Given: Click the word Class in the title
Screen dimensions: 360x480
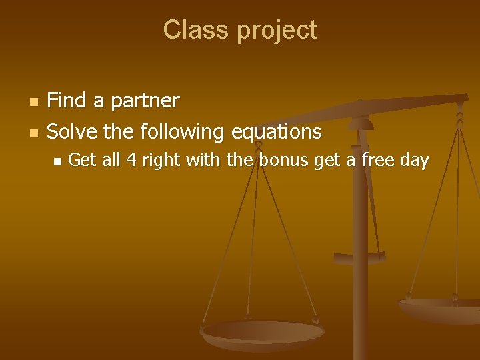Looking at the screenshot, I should point(190,30).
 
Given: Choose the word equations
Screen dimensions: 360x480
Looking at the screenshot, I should point(276,132).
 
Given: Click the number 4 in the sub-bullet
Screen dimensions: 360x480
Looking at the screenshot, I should point(131,160).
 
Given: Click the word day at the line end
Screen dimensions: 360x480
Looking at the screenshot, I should point(414,161).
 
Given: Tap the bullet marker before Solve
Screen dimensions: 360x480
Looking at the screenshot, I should point(34,133).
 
